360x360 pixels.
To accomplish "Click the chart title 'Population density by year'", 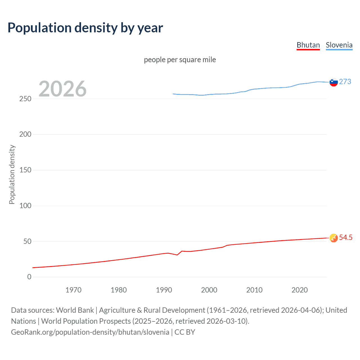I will click(x=85, y=28).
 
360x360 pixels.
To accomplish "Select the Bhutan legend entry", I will click(x=308, y=45).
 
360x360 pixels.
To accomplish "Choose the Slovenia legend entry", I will click(x=339, y=45).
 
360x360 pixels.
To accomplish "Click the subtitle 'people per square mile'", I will click(x=180, y=60).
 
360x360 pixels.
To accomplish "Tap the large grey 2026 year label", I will click(x=62, y=89).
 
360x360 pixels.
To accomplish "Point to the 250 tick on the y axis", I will click(x=25, y=99).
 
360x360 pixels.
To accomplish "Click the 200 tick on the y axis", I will click(x=25, y=134).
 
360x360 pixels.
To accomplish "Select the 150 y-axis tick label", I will click(x=25, y=170).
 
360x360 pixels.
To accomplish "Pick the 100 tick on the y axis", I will click(x=25, y=206).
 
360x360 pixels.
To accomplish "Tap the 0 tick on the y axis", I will click(x=29, y=277).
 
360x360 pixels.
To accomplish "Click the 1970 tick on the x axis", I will click(x=73, y=290).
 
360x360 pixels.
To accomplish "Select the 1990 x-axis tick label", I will click(x=164, y=290).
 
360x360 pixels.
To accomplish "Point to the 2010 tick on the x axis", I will click(x=254, y=290).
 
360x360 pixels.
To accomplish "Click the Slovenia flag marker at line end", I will click(x=334, y=82).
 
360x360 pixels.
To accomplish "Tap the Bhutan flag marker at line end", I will click(x=334, y=238).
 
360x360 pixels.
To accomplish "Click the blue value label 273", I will click(x=345, y=82).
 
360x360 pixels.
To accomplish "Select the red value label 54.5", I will click(x=346, y=237).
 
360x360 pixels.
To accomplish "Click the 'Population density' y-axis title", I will click(x=12, y=174).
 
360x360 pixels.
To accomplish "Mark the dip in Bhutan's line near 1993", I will click(x=177, y=255).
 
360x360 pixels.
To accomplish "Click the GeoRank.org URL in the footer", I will click(x=90, y=332).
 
